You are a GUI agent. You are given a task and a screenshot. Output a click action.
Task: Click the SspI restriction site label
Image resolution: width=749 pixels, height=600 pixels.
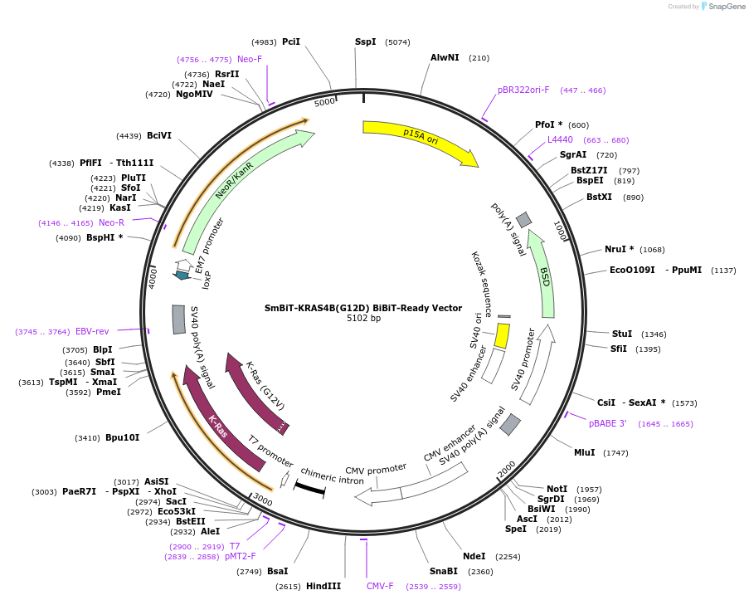click(365, 41)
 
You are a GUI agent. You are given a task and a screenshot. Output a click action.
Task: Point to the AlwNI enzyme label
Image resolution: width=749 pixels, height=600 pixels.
click(445, 57)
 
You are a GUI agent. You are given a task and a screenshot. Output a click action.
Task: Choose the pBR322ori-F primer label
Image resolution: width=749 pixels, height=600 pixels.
click(523, 90)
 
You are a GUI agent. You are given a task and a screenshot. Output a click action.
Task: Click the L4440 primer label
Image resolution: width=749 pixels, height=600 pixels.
click(560, 139)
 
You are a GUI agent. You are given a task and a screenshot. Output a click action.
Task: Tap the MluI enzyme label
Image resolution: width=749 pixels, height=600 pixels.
click(585, 452)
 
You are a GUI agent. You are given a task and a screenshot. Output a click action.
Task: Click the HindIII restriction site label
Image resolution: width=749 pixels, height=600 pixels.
click(323, 586)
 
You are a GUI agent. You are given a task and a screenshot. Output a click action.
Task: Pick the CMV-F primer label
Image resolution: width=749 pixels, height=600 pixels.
click(380, 586)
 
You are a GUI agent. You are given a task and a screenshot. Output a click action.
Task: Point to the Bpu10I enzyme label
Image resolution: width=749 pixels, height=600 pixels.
click(122, 437)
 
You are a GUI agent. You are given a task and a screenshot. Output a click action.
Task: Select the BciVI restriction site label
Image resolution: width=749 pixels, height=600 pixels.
click(159, 135)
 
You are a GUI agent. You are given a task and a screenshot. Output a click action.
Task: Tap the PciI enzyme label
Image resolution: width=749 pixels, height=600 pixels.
click(291, 41)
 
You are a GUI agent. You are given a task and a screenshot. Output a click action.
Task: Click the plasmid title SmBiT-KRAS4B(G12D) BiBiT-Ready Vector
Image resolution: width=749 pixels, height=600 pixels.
click(363, 308)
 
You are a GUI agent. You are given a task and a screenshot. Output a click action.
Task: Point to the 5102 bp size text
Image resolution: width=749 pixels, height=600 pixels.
click(363, 319)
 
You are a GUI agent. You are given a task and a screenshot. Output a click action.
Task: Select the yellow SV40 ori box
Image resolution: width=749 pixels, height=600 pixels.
click(502, 335)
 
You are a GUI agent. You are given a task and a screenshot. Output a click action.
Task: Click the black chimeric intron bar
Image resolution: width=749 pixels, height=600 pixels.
click(309, 489)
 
